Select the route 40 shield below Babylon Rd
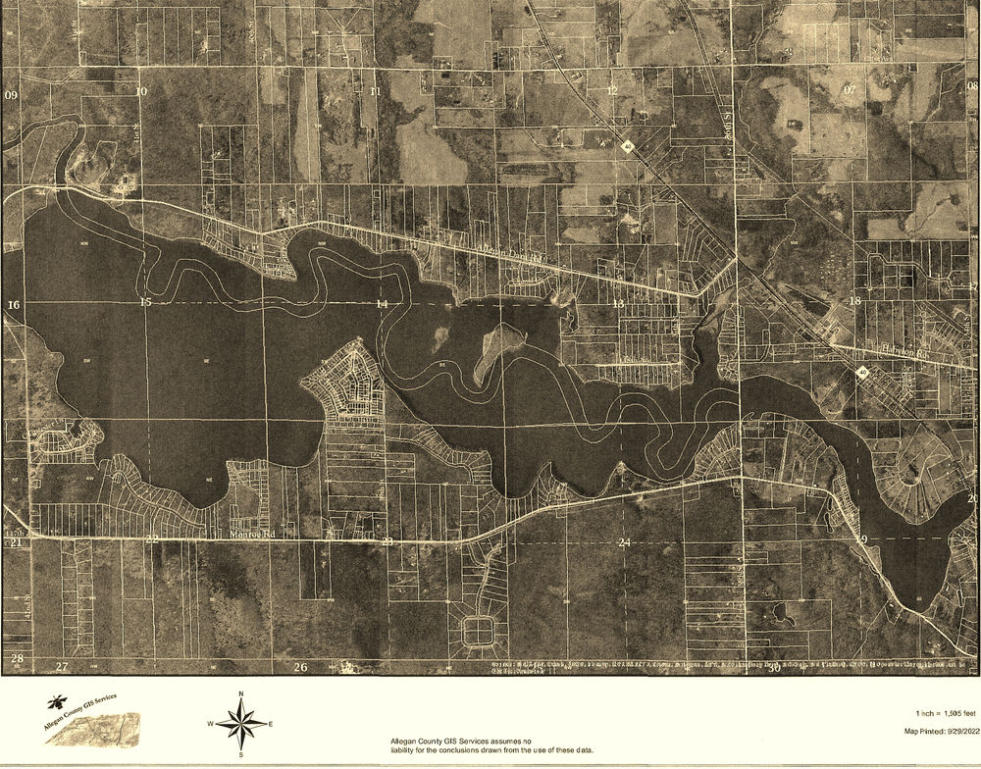pos(862,373)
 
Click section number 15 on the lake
pos(145,303)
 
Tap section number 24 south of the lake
pos(624,542)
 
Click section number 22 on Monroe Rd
pos(151,539)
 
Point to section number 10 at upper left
pos(141,91)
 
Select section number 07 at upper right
pos(850,89)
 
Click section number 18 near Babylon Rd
pos(854,300)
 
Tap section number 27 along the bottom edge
pos(62,667)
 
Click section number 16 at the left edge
pos(13,306)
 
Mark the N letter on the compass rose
pos(240,694)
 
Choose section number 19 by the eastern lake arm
pos(861,540)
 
